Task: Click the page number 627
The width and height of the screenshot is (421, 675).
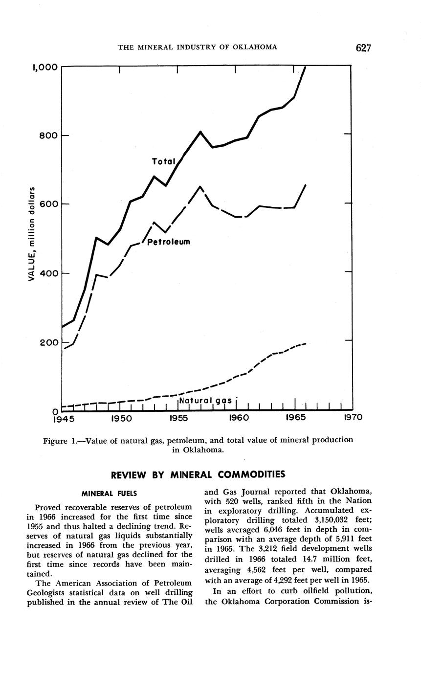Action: [363, 47]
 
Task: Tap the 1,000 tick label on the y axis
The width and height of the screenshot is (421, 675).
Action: [45, 67]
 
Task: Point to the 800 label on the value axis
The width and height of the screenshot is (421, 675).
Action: [49, 135]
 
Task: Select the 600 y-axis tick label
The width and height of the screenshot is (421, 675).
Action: [49, 204]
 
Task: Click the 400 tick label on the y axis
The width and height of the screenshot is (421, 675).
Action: [49, 273]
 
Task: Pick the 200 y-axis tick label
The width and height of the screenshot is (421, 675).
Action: [49, 342]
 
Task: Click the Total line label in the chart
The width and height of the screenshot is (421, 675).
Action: [163, 161]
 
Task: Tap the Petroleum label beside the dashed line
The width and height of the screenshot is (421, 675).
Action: [168, 242]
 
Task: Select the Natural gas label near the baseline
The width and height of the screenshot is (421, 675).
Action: [205, 400]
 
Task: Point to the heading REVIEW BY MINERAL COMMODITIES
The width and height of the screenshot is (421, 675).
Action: [198, 474]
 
